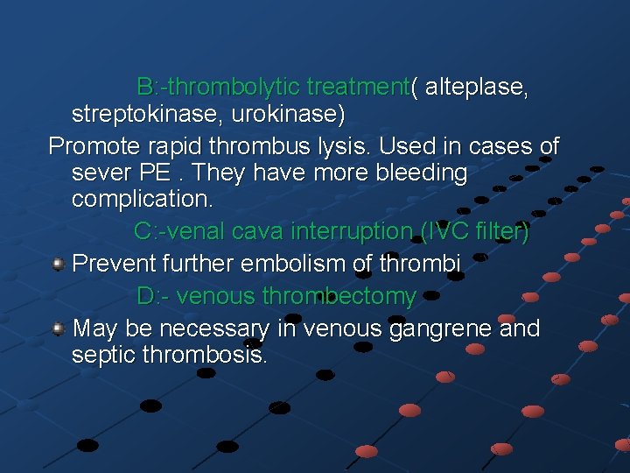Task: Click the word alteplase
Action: click(x=476, y=88)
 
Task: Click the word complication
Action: click(x=142, y=200)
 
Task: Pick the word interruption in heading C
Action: click(x=350, y=232)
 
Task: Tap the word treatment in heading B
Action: click(x=358, y=88)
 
